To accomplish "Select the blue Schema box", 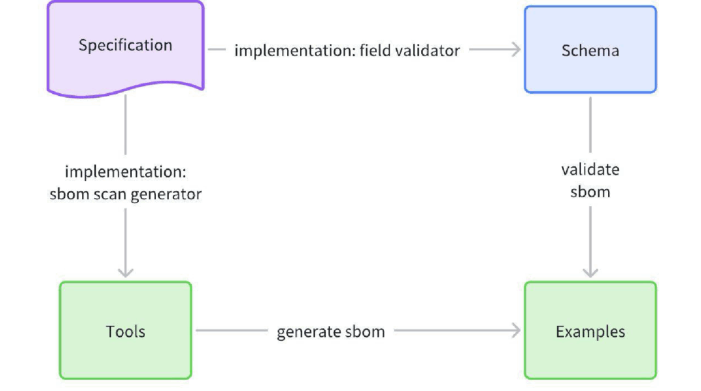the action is coord(590,50).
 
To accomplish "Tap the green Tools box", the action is coord(126,331).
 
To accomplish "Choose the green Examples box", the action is coord(590,331).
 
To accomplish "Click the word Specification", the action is coord(126,45).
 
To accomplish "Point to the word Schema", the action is coord(590,51).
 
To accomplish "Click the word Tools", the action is coord(126,331).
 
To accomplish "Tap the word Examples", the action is coord(590,331).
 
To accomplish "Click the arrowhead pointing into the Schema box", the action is coord(516,49).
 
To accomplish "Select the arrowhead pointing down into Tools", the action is coord(126,272).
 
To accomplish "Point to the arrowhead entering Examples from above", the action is coord(590,272).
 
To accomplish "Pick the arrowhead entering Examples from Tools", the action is coord(516,331).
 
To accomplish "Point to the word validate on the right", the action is coord(590,170).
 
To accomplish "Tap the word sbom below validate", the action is coord(590,192).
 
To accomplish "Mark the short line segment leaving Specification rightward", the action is coord(217,49).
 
